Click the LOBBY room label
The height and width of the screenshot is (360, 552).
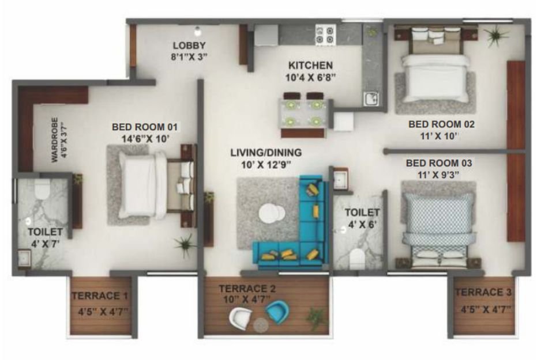pos(189,46)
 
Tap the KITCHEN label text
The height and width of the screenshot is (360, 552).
pos(310,66)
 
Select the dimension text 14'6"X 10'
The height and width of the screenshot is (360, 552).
pos(145,138)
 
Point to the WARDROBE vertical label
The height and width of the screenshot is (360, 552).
pos(54,139)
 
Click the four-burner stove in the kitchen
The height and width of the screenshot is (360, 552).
pos(325,35)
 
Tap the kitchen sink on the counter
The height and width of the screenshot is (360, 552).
pos(371,99)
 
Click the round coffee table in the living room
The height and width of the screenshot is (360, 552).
pos(272,213)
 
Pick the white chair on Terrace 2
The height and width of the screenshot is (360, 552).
pos(241,319)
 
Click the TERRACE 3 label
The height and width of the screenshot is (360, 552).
pos(483,292)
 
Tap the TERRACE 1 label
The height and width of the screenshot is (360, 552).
pos(100,295)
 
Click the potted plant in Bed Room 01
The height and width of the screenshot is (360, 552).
pos(185,243)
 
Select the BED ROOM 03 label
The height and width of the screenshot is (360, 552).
pos(438,163)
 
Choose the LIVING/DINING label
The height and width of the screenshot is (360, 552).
pos(266,153)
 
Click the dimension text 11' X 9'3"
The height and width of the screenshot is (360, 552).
pos(438,175)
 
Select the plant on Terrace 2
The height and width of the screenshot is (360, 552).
pos(316,316)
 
